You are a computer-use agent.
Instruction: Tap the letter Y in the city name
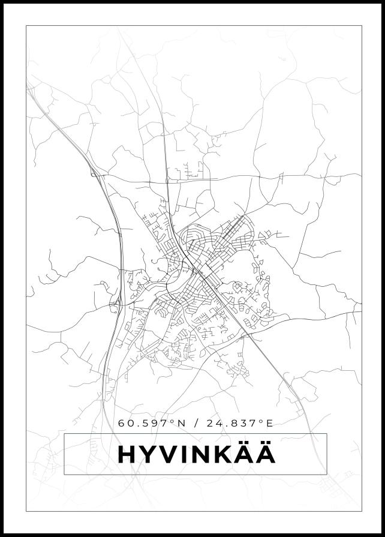click(x=148, y=455)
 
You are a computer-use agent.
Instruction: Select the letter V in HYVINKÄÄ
click(x=170, y=455)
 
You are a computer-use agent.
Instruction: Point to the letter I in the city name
click(x=186, y=455)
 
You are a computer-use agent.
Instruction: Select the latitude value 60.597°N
click(x=152, y=424)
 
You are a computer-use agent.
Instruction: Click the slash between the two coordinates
click(x=196, y=424)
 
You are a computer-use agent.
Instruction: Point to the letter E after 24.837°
click(x=269, y=424)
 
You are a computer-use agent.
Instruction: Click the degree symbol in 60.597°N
click(x=173, y=421)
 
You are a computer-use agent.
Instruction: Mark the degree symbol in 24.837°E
click(x=261, y=421)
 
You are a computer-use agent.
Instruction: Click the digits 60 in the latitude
click(x=125, y=424)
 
